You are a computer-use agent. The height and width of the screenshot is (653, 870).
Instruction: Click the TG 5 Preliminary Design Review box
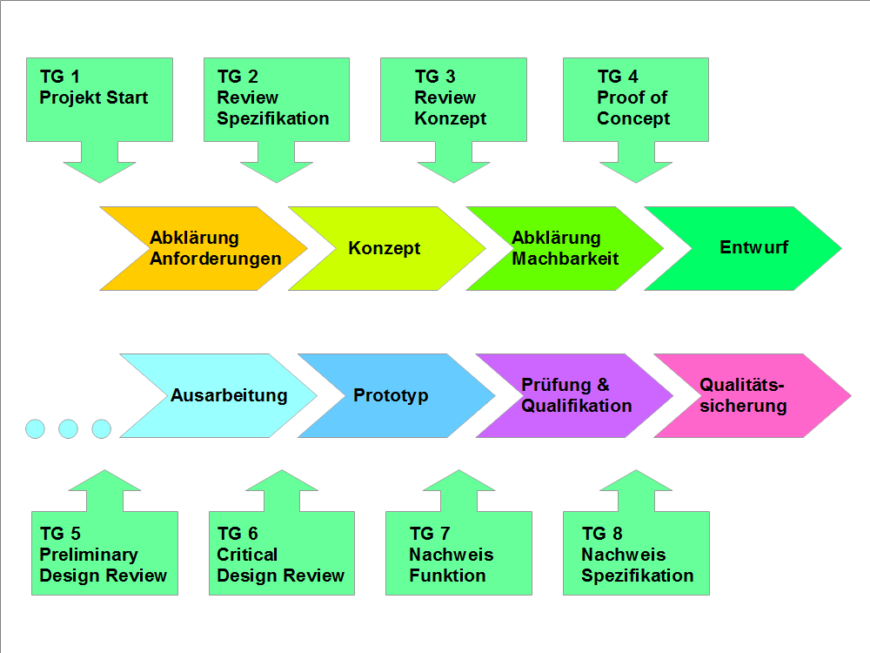pos(104,555)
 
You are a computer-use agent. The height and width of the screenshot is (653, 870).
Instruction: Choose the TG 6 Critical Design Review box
pos(282,555)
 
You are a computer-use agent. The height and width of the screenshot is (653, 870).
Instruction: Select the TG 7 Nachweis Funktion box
pos(458,555)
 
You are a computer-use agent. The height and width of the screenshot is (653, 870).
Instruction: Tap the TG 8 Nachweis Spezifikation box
pos(636,555)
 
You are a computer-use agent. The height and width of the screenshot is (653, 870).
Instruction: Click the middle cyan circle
pos(68,428)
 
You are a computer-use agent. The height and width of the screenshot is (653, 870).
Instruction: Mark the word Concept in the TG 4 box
pos(633,119)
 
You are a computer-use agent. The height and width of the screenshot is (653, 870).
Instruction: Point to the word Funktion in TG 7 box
pos(447,576)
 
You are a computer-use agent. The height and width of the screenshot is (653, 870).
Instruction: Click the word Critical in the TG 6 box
pos(247,555)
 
